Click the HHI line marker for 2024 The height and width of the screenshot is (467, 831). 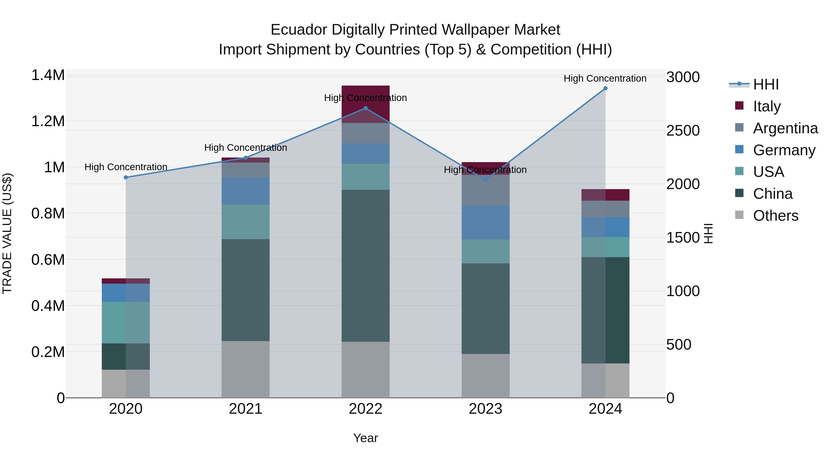click(x=605, y=88)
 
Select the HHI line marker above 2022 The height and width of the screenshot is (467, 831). click(x=365, y=108)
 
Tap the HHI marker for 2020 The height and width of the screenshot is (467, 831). click(x=126, y=178)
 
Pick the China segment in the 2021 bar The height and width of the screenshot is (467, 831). click(x=246, y=290)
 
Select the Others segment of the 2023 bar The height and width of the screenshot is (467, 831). click(x=485, y=376)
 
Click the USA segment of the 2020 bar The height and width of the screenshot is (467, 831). click(x=126, y=323)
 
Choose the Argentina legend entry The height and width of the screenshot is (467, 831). click(x=785, y=128)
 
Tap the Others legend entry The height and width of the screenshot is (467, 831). click(x=776, y=216)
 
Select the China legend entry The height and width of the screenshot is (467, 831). click(x=773, y=194)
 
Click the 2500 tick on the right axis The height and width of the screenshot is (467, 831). click(x=683, y=131)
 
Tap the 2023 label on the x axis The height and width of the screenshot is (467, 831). click(x=485, y=409)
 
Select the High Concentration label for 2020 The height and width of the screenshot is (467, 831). click(x=126, y=167)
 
